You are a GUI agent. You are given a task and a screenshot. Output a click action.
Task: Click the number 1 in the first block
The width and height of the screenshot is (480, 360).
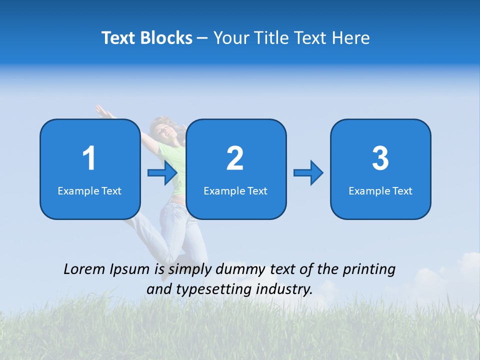(x=89, y=158)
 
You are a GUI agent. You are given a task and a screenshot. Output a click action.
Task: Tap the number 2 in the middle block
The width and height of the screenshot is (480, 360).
(x=235, y=158)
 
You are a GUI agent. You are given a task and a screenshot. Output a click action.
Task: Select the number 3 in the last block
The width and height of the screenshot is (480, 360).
(x=380, y=158)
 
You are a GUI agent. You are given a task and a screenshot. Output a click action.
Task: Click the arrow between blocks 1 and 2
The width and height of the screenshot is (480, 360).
(x=162, y=173)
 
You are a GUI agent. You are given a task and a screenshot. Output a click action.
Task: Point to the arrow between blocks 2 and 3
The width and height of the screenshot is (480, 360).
(x=308, y=173)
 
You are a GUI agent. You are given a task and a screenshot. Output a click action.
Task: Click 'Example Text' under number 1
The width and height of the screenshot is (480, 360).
(x=89, y=191)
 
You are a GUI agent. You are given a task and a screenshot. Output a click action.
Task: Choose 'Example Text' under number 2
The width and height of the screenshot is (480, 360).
(x=235, y=191)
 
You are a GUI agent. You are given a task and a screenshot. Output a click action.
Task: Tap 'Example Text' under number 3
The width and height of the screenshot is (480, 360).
(x=380, y=191)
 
